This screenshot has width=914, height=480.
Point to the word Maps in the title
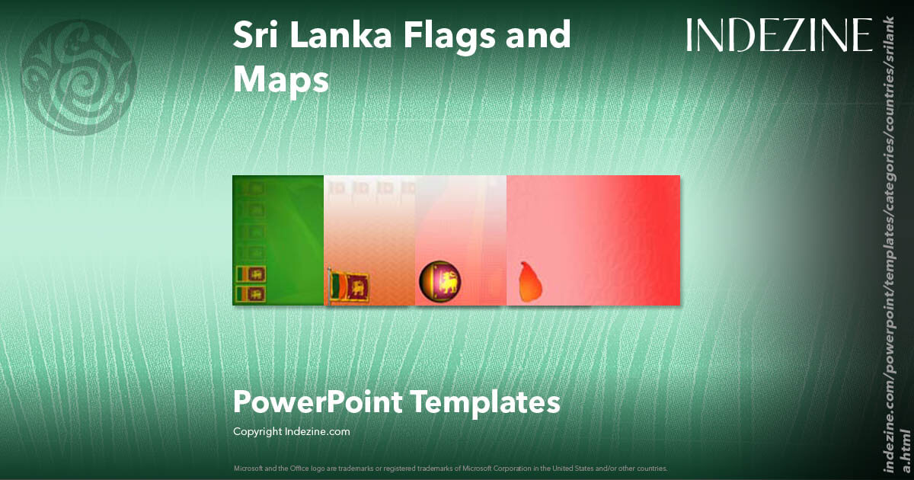(x=281, y=80)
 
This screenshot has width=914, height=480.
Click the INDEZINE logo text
(x=778, y=35)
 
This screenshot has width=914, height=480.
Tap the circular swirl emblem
(x=79, y=78)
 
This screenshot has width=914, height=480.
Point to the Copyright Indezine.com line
(x=291, y=431)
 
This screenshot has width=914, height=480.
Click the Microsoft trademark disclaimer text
(x=450, y=468)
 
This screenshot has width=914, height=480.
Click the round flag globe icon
(x=440, y=281)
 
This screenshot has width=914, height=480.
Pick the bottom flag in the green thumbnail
(x=251, y=293)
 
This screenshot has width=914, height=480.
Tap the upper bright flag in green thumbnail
(x=251, y=273)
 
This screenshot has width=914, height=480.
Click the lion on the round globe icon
(x=449, y=281)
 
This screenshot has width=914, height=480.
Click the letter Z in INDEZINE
(x=785, y=35)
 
